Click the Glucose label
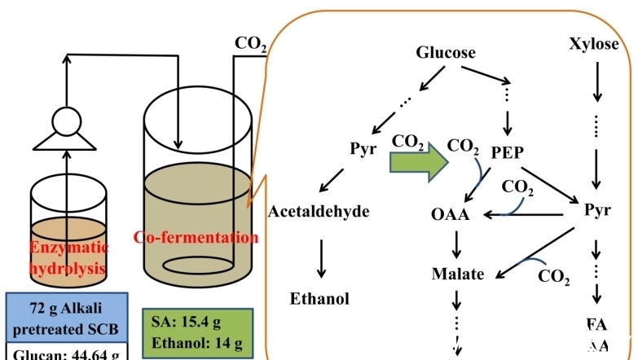pos(446,53)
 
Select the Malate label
pos(458,274)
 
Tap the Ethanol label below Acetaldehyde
pos(319,298)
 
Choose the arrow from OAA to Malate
pos(456,244)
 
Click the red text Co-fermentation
pos(196,238)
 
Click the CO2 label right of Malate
pos(554,275)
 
